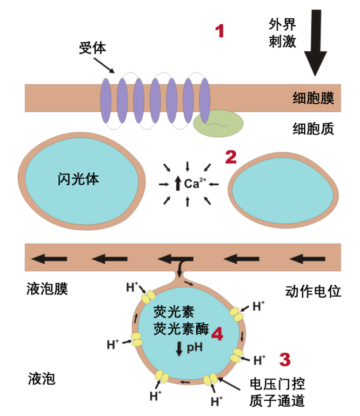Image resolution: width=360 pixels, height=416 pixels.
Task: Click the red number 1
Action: click(219, 31)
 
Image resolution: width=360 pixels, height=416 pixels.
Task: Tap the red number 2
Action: click(231, 157)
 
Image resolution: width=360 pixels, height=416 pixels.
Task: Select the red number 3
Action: click(285, 359)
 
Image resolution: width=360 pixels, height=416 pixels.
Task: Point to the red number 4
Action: click(217, 334)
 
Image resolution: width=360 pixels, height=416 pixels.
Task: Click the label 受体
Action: click(92, 48)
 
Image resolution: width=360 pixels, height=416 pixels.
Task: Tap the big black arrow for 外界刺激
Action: click(315, 43)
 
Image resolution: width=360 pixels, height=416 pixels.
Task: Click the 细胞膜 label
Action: click(314, 98)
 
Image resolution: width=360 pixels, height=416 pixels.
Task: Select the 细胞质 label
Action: click(314, 129)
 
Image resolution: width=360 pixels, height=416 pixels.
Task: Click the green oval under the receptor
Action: click(218, 123)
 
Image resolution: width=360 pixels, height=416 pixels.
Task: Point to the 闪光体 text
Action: click(78, 179)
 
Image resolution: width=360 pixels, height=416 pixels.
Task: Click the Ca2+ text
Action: click(195, 183)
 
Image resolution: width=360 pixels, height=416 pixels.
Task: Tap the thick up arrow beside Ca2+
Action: click(178, 183)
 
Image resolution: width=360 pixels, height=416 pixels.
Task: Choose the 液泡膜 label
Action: click(47, 288)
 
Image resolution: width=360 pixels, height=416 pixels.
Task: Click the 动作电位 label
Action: click(313, 291)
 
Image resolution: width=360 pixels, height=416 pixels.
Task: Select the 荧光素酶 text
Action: click(181, 329)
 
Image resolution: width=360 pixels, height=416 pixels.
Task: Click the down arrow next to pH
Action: click(179, 348)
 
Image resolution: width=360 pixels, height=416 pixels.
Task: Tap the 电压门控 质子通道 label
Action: click(277, 392)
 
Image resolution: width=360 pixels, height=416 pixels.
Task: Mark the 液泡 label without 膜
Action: click(42, 379)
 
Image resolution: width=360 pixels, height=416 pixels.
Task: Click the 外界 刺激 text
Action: click(282, 33)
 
